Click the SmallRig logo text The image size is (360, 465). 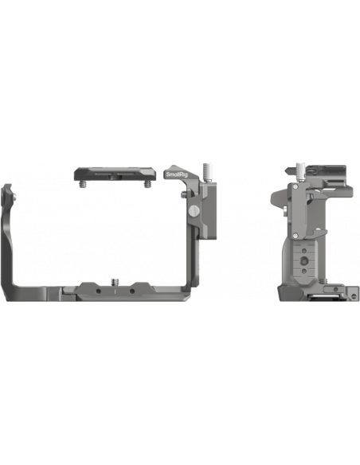(177, 174)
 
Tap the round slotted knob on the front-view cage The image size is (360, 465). (194, 211)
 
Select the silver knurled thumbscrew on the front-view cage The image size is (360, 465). (207, 172)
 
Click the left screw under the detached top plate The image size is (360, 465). (82, 185)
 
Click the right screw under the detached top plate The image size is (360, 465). (147, 185)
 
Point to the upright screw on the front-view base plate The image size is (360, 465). (115, 283)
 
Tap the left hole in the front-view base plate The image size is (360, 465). (99, 291)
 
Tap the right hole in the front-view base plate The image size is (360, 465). (132, 291)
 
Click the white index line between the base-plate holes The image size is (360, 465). (115, 291)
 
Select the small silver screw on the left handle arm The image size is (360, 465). (14, 195)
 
